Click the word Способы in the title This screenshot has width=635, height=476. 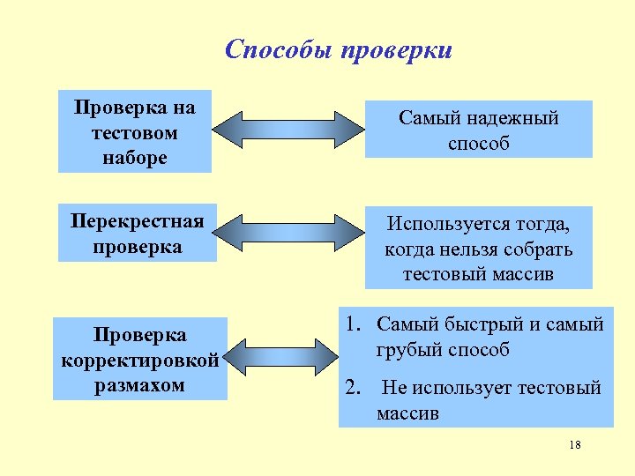click(x=276, y=49)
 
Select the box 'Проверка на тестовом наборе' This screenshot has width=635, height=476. click(x=135, y=132)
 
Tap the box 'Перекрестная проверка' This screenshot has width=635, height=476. click(x=138, y=234)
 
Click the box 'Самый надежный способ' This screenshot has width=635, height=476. click(x=478, y=130)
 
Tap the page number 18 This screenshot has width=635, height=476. click(x=575, y=445)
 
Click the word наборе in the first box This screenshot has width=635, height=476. click(x=135, y=158)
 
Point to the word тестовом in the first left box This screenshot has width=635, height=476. click(x=135, y=133)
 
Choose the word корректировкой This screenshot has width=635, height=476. click(x=140, y=361)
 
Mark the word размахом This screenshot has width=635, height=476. click(x=140, y=385)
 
